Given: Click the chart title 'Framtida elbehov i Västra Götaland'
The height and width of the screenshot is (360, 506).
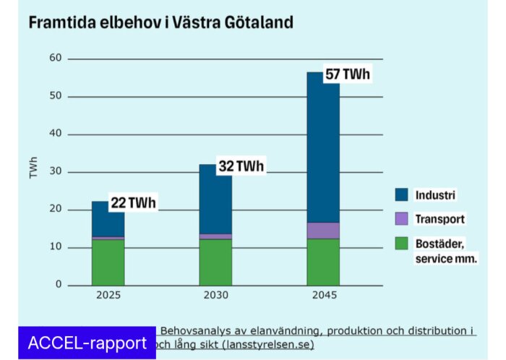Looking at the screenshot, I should click(160, 22).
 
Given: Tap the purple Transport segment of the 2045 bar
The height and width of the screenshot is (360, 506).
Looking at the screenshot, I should click(323, 231).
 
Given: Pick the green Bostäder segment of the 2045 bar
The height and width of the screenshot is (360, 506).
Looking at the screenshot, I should click(323, 262).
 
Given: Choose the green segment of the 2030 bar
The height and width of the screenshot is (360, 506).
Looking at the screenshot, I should click(215, 262).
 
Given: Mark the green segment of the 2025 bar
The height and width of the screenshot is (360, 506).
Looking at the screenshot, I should click(108, 262).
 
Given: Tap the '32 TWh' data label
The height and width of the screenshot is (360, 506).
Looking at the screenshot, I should click(241, 166).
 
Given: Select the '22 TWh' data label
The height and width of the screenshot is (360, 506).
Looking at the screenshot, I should click(133, 203).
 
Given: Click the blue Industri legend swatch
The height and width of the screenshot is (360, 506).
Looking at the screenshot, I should click(402, 194).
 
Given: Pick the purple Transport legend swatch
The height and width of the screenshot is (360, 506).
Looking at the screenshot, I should click(402, 218).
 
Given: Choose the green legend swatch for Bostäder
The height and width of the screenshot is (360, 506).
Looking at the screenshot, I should click(402, 243).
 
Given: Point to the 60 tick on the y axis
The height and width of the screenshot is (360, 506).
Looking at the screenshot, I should click(55, 59).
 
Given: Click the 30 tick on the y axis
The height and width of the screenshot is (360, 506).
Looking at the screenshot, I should click(55, 172).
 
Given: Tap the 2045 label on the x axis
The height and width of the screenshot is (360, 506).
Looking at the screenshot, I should click(323, 296).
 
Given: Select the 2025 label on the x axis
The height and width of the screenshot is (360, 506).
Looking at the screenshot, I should click(108, 296).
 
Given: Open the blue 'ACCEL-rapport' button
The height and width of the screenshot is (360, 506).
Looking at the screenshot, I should click(87, 343).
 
